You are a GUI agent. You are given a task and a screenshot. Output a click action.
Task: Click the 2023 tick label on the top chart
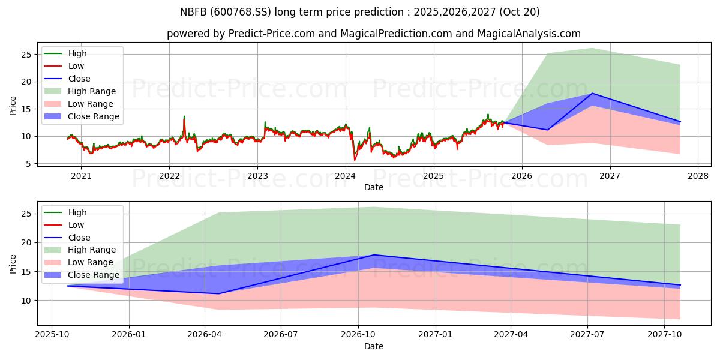(x=257, y=176)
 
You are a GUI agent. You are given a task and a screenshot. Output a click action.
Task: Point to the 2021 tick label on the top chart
(x=81, y=176)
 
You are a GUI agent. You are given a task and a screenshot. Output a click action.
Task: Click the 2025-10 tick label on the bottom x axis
(x=52, y=334)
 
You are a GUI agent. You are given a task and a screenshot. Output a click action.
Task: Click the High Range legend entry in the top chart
(x=92, y=91)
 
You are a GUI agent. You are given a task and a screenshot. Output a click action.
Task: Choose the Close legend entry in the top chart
(x=79, y=79)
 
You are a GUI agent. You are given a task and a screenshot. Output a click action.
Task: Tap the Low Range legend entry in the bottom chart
(x=91, y=262)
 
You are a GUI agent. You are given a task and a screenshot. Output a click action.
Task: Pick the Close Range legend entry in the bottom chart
(x=94, y=275)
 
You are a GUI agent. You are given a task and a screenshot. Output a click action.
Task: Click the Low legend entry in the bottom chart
(x=76, y=225)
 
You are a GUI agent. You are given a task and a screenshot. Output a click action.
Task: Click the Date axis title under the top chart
(x=373, y=187)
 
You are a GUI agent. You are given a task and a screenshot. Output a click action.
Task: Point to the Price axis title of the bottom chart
(x=13, y=263)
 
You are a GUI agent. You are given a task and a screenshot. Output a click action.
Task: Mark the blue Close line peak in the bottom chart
(x=374, y=255)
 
